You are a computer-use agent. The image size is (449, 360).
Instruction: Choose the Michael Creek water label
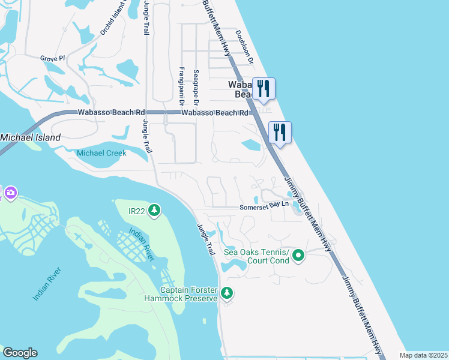[101, 153]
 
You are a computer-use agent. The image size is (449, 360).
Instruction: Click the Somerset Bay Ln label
[264, 206]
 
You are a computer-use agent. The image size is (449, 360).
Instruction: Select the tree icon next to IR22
[155, 210]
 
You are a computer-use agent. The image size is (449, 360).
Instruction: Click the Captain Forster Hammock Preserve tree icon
[226, 293]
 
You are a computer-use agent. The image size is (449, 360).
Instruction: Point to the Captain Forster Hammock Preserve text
[181, 294]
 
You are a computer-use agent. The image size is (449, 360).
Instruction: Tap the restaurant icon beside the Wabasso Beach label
[263, 88]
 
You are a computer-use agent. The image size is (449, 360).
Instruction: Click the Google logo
[20, 353]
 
